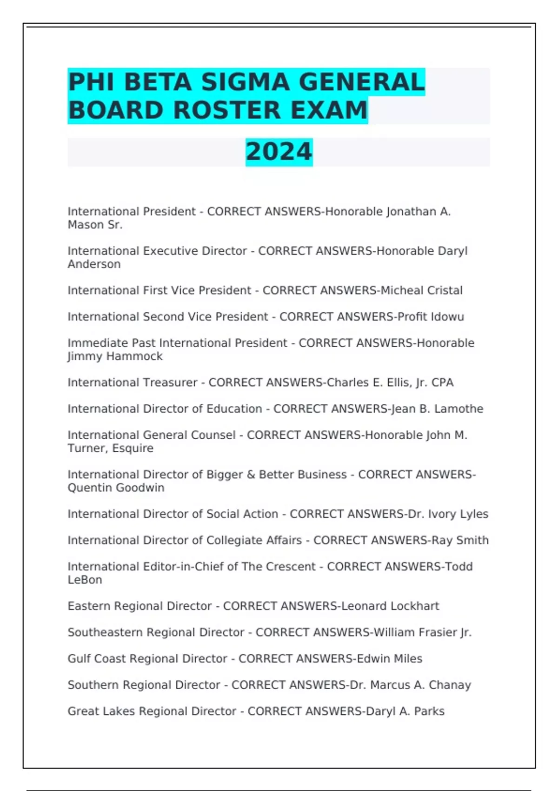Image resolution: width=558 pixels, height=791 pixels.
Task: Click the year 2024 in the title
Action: click(279, 152)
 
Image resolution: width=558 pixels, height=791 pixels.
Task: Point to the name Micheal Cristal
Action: click(421, 290)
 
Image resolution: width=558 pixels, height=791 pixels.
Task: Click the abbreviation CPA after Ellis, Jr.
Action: click(442, 382)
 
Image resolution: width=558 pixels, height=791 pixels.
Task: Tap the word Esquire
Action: click(133, 449)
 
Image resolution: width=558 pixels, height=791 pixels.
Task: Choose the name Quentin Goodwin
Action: click(116, 488)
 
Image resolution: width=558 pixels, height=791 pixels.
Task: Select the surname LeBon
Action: click(85, 580)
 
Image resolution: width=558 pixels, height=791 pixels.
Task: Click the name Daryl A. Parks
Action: click(405, 711)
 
